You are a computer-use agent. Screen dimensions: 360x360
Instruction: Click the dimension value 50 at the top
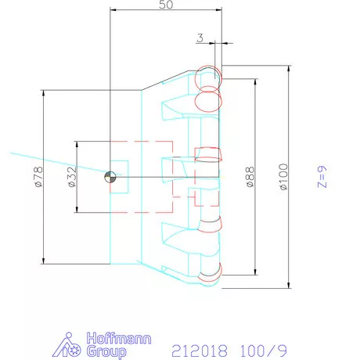(x=166, y=5)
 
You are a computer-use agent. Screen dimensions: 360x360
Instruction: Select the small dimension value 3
(x=200, y=37)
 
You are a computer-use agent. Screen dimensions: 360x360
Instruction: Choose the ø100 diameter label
(x=283, y=176)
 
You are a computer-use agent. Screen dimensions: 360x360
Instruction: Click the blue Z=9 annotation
(x=321, y=177)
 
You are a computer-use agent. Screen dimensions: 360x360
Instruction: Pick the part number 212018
(x=200, y=346)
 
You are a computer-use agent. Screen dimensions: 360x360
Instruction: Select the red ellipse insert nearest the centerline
(x=209, y=153)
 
